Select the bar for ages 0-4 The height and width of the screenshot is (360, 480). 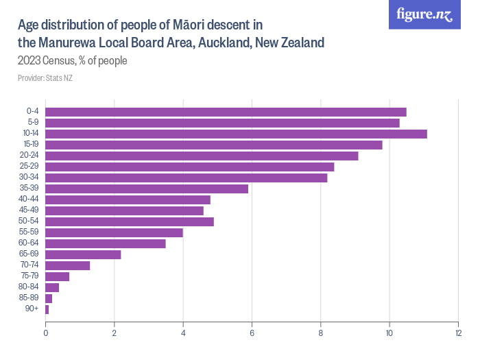[x=226, y=112]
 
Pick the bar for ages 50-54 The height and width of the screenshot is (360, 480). [x=130, y=221]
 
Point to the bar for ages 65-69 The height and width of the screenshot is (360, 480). [x=83, y=254]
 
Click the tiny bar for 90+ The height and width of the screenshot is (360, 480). [x=47, y=309]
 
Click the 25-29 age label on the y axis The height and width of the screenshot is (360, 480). [x=29, y=167]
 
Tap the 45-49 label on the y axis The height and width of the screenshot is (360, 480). [x=29, y=211]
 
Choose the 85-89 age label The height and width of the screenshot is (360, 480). [x=29, y=298]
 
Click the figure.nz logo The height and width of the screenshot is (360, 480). [x=424, y=14]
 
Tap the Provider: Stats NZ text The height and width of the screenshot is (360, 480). [x=45, y=78]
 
